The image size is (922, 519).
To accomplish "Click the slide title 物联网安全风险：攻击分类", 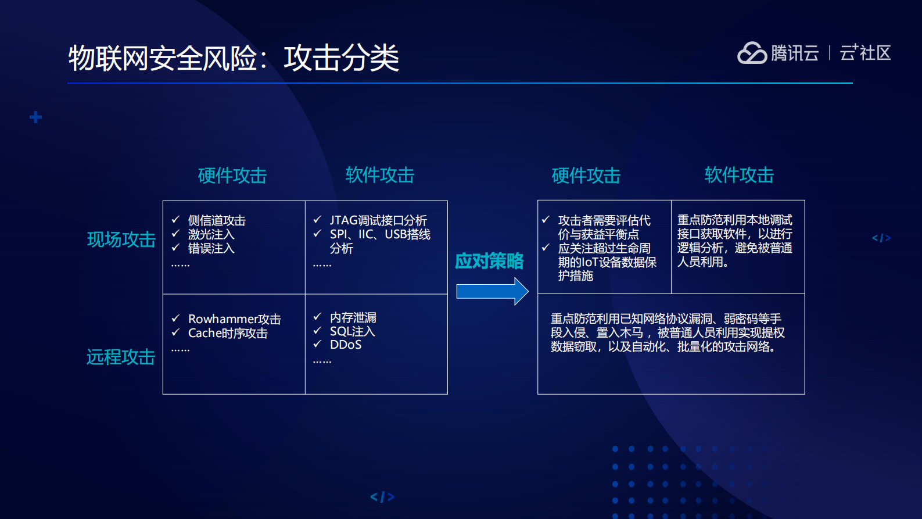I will [234, 58].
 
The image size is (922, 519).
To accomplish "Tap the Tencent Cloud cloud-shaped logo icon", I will [752, 53].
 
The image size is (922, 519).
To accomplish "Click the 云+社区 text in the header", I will [865, 53].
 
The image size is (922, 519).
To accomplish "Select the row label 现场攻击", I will [121, 239].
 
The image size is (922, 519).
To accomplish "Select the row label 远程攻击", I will [121, 357].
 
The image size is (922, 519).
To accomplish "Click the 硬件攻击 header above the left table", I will [232, 176].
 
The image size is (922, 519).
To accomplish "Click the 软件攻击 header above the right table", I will [739, 175].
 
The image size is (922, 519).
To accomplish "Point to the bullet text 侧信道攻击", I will [217, 221].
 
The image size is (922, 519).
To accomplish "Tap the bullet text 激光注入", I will [211, 235].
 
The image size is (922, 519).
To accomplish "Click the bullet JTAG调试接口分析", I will [378, 220].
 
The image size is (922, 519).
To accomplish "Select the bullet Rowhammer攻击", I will [234, 319].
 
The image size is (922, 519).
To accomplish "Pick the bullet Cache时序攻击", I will [228, 333].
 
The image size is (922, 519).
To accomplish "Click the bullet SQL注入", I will [352, 331].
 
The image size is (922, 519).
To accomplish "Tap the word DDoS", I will [346, 345].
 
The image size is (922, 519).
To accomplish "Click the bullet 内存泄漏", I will [353, 317].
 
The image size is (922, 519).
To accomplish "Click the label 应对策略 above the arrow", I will [489, 262].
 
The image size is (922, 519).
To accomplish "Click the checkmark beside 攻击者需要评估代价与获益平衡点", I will [546, 220].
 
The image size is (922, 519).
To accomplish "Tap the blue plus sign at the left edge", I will [35, 117].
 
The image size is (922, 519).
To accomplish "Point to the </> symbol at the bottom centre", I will [382, 497].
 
